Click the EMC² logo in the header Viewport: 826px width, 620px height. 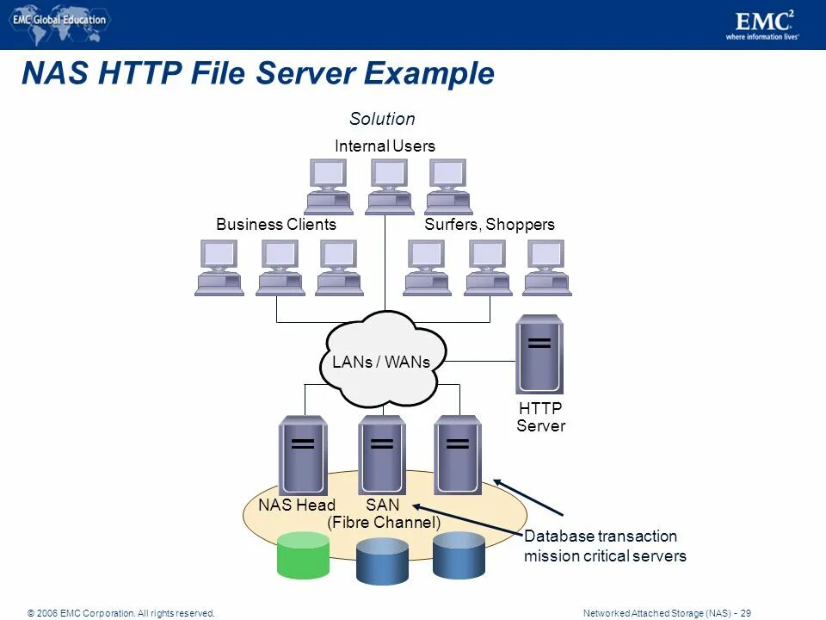[x=762, y=23]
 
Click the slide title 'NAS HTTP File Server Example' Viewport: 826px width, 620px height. [x=257, y=73]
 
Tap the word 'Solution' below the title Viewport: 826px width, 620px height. [x=382, y=119]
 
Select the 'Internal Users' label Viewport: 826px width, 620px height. [x=385, y=146]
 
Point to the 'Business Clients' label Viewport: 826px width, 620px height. [x=276, y=225]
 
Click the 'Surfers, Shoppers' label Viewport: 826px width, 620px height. [x=490, y=225]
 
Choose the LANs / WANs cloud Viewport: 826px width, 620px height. [x=380, y=360]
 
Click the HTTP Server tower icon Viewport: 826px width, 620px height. [x=539, y=354]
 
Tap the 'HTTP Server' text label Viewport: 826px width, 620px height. [x=540, y=417]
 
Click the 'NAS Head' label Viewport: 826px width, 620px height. [x=297, y=505]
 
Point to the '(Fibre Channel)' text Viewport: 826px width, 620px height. [x=384, y=523]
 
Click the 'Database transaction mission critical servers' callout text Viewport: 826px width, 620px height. [x=605, y=546]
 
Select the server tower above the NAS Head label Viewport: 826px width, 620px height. [x=303, y=455]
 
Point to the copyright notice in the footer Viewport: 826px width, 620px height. [x=120, y=613]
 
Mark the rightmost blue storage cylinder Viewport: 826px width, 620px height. [x=459, y=555]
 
